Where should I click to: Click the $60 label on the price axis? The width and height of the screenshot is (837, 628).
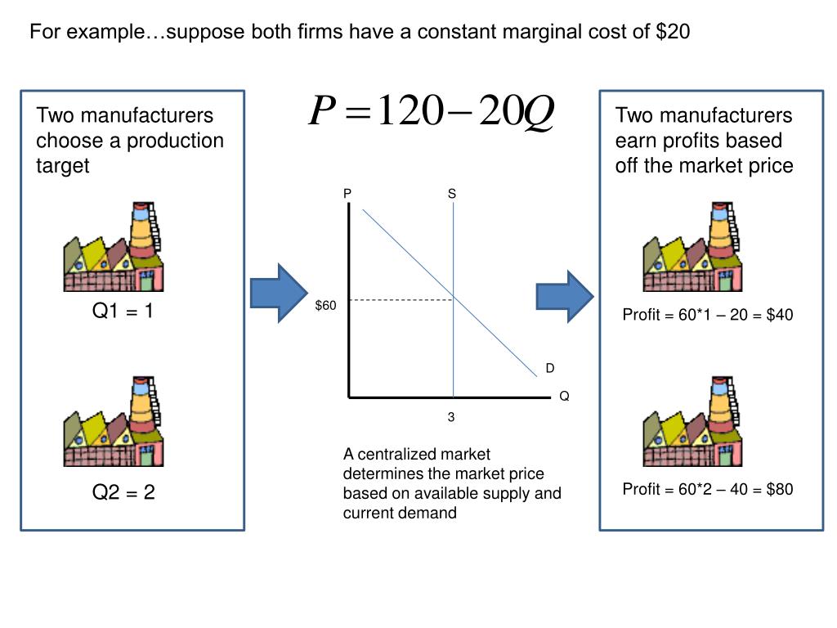point(325,305)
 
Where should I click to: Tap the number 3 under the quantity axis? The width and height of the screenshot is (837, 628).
point(450,417)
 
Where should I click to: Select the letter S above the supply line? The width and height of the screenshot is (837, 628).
point(452,194)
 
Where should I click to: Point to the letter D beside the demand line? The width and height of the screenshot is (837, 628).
point(550,369)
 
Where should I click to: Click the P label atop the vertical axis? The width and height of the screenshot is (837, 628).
point(347,194)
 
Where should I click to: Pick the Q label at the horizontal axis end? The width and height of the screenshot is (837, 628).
point(564,397)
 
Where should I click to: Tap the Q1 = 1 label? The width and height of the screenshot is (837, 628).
point(123,312)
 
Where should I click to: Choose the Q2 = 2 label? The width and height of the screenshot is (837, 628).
point(123,492)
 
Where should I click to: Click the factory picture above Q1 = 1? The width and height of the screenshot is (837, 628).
point(114,247)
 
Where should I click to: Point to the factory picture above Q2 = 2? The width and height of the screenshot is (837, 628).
point(114,422)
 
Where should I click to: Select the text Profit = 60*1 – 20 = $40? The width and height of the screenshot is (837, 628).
point(708,315)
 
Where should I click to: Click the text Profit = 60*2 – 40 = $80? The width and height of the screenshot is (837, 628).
point(708,489)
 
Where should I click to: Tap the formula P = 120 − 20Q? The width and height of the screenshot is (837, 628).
point(432,112)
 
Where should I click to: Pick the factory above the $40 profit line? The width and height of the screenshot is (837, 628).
point(693,247)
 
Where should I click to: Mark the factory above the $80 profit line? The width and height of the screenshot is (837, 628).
point(693,422)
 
